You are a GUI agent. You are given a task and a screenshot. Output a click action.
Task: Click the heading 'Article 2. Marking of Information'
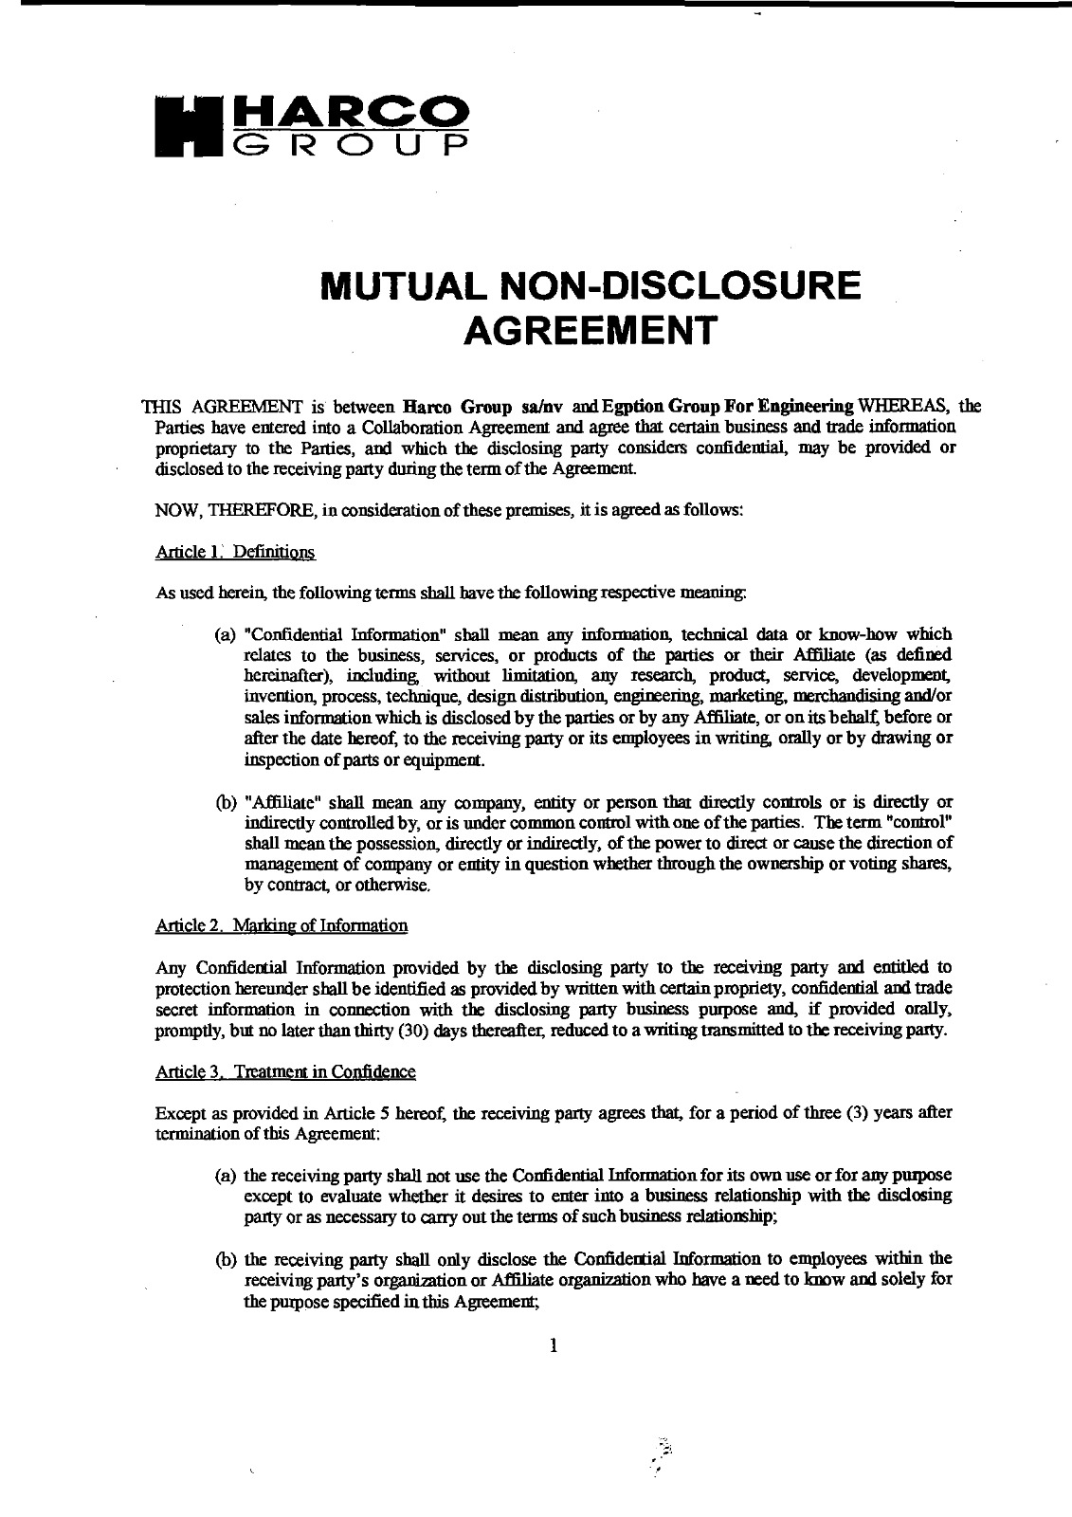280,925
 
